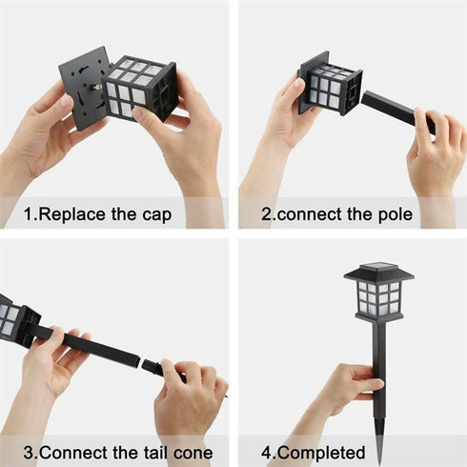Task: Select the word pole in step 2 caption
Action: pos(392,213)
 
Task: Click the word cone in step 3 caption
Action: pos(192,451)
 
